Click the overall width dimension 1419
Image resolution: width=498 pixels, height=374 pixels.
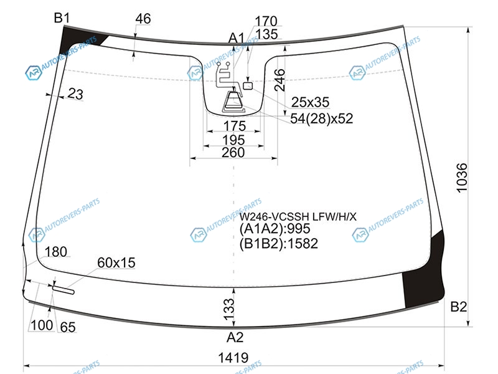coord(233,358)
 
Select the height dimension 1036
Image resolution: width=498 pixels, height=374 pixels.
coord(462,178)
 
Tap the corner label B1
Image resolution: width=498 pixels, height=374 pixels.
coord(62,18)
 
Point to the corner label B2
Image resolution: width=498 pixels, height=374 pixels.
coord(459,307)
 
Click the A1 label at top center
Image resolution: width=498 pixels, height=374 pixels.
coord(237,39)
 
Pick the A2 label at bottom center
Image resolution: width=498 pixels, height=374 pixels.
coord(235,337)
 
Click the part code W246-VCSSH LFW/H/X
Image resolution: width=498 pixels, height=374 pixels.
coord(298,217)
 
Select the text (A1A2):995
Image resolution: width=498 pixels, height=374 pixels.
coord(275,229)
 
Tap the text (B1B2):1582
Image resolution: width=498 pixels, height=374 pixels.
coord(278,244)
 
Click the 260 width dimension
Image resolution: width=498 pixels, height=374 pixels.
coord(233,153)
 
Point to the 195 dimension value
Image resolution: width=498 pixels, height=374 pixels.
coord(233,140)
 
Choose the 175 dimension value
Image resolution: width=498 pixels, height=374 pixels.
coord(235,127)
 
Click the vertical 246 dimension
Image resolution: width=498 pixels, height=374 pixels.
coord(280,80)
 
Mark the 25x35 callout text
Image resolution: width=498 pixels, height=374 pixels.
coord(310,102)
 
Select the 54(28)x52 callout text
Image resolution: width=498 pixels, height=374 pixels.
coord(321,118)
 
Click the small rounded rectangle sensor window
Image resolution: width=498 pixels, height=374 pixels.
coord(248,85)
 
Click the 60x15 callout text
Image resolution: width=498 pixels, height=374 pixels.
coord(116,262)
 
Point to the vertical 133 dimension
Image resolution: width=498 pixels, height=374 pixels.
coord(229,309)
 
